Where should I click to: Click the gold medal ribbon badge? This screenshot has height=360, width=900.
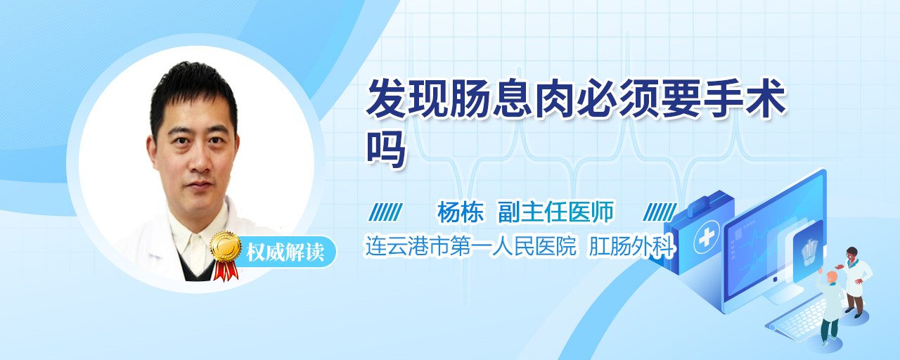point(226,254)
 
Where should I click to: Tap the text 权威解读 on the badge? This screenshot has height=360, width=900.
point(285,252)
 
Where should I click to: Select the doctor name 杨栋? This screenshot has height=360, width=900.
point(461,212)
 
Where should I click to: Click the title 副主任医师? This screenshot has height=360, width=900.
point(555,212)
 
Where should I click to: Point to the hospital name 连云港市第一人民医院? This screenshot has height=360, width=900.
point(471,246)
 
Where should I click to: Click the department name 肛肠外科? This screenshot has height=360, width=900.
point(631,246)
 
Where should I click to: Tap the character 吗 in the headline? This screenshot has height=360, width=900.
point(386,149)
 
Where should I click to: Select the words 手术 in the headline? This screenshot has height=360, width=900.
point(745,98)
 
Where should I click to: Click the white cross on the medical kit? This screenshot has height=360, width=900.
point(707,237)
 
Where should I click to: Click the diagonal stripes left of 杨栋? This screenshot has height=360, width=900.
point(385,212)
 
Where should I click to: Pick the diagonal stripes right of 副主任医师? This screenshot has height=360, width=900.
point(660,212)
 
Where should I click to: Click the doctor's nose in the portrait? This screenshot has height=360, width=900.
point(199,162)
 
